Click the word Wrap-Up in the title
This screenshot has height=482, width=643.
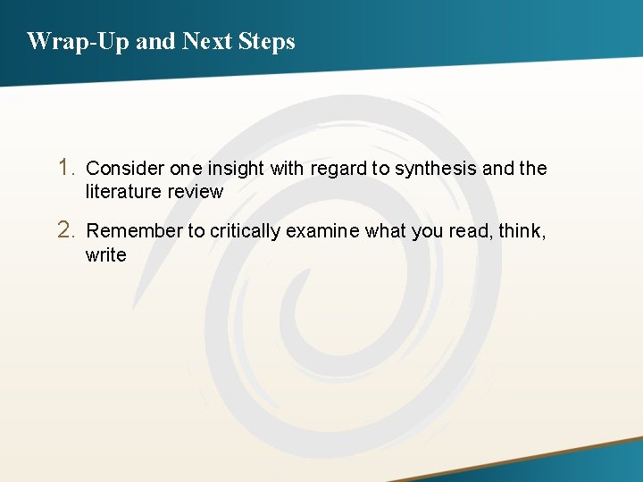[78, 41]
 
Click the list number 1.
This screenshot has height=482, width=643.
[66, 167]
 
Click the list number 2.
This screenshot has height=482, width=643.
[66, 230]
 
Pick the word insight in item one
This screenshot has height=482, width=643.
[236, 168]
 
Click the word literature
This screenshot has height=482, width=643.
[123, 191]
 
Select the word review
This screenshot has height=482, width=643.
[195, 191]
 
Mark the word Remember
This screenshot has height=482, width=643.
[134, 231]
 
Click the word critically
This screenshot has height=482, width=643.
[245, 231]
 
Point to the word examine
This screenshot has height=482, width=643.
[321, 231]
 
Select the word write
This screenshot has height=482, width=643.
[105, 255]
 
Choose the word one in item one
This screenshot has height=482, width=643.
[185, 168]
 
